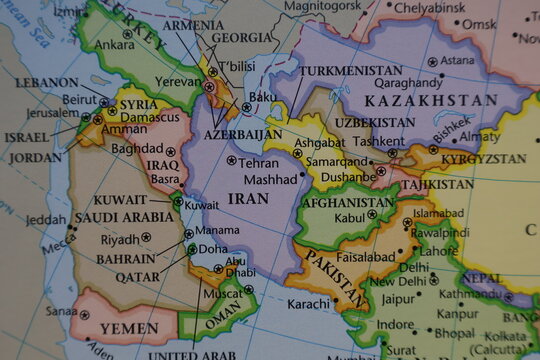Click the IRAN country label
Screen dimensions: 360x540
pos(248,198)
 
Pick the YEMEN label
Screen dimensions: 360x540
pos(129,328)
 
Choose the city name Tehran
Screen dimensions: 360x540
pos(259,162)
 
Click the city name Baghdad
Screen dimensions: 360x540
pos(137,148)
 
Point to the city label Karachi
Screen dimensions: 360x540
pos(308,303)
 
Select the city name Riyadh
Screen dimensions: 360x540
pos(120,239)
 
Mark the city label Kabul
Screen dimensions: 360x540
pos(350,217)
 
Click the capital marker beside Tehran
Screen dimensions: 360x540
pos(232,160)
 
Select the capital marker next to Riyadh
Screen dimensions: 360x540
pos(146,238)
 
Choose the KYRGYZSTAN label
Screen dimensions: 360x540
pos(483,158)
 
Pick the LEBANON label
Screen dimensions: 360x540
pos(46,82)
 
